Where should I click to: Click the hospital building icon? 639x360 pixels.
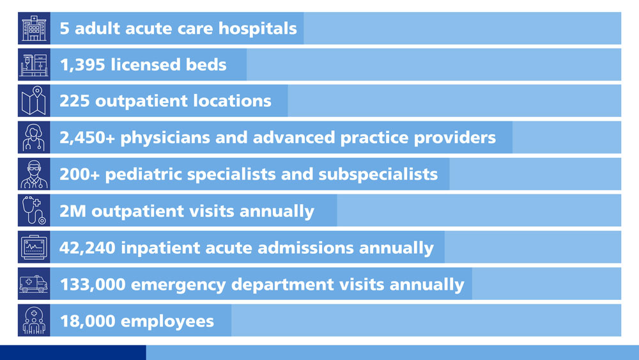pos(35,28)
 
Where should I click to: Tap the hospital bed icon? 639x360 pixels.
pos(35,65)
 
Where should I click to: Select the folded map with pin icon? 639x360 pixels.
pos(34,100)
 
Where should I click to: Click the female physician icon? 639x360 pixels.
pos(34,137)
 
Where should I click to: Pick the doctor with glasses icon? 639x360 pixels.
pos(35,174)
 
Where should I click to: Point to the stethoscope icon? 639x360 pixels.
pos(34,210)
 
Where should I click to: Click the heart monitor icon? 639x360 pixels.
pos(35,247)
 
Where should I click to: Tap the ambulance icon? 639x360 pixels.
pos(34,284)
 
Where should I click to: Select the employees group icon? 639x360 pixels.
pos(35,320)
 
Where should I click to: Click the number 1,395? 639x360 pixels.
pos(82,65)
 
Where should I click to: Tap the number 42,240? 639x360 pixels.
pos(87,248)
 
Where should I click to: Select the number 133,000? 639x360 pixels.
pos(93,285)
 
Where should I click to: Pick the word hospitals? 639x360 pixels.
pos(258,29)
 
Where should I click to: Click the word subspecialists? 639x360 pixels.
pos(378,175)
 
